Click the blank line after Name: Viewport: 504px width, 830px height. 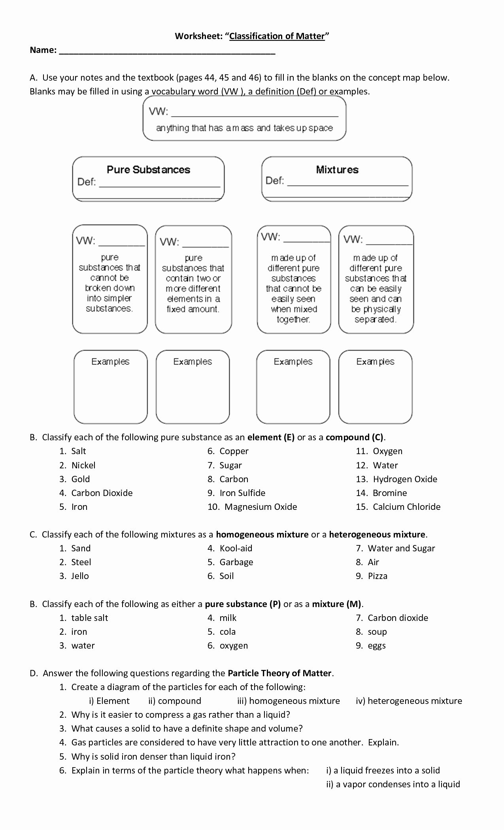point(167,51)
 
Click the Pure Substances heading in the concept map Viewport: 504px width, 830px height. point(148,170)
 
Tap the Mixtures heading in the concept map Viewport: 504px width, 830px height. point(337,170)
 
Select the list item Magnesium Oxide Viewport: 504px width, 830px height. point(260,507)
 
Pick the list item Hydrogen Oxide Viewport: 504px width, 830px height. point(405,479)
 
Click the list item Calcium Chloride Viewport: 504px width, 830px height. point(406,507)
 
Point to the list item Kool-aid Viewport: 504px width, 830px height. point(236,549)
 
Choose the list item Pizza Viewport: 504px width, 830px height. point(378,576)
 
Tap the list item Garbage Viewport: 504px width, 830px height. point(236,562)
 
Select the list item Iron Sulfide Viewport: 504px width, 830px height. point(242,493)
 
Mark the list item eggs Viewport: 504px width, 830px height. point(376,646)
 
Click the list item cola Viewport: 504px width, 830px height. point(227,632)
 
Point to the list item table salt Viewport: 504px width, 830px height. point(89,618)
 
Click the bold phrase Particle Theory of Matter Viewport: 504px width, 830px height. point(280,673)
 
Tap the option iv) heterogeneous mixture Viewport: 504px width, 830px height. point(409,701)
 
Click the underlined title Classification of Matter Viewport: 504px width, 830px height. point(277,36)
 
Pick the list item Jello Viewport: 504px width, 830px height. point(80,576)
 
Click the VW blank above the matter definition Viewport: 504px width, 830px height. point(255,112)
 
